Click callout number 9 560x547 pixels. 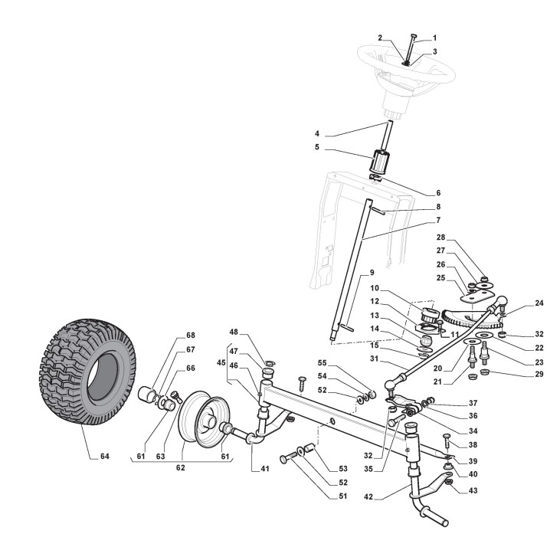[x=372, y=272]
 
